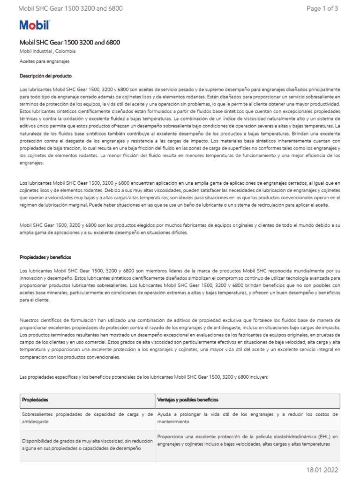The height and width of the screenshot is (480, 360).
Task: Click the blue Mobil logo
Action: pyautogui.click(x=34, y=25)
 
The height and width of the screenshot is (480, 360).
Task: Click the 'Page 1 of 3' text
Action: pyautogui.click(x=322, y=8)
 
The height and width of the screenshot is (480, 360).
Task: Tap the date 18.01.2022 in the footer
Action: pyautogui.click(x=322, y=470)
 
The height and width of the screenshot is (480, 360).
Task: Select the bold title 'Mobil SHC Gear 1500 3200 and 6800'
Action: pyautogui.click(x=70, y=43)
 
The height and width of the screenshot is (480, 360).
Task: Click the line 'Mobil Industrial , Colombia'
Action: pyautogui.click(x=47, y=52)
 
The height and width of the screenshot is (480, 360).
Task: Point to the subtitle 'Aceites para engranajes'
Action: pyautogui.click(x=45, y=61)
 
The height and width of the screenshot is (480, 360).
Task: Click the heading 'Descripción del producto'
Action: pyautogui.click(x=45, y=75)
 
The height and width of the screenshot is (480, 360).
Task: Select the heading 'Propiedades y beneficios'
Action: pyautogui.click(x=45, y=257)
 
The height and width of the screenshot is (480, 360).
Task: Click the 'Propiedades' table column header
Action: pyautogui.click(x=36, y=400)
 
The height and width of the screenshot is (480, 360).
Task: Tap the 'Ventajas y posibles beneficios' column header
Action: pyautogui.click(x=187, y=400)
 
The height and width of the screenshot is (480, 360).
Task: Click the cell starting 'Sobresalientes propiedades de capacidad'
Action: pyautogui.click(x=87, y=418)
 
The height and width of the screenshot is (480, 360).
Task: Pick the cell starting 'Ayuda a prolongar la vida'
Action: pyautogui.click(x=247, y=418)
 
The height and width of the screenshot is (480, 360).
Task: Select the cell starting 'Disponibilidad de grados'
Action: pyautogui.click(x=87, y=445)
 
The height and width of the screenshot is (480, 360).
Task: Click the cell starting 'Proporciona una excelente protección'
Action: pyautogui.click(x=247, y=440)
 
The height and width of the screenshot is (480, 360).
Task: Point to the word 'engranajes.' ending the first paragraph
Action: pyautogui.click(x=32, y=163)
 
